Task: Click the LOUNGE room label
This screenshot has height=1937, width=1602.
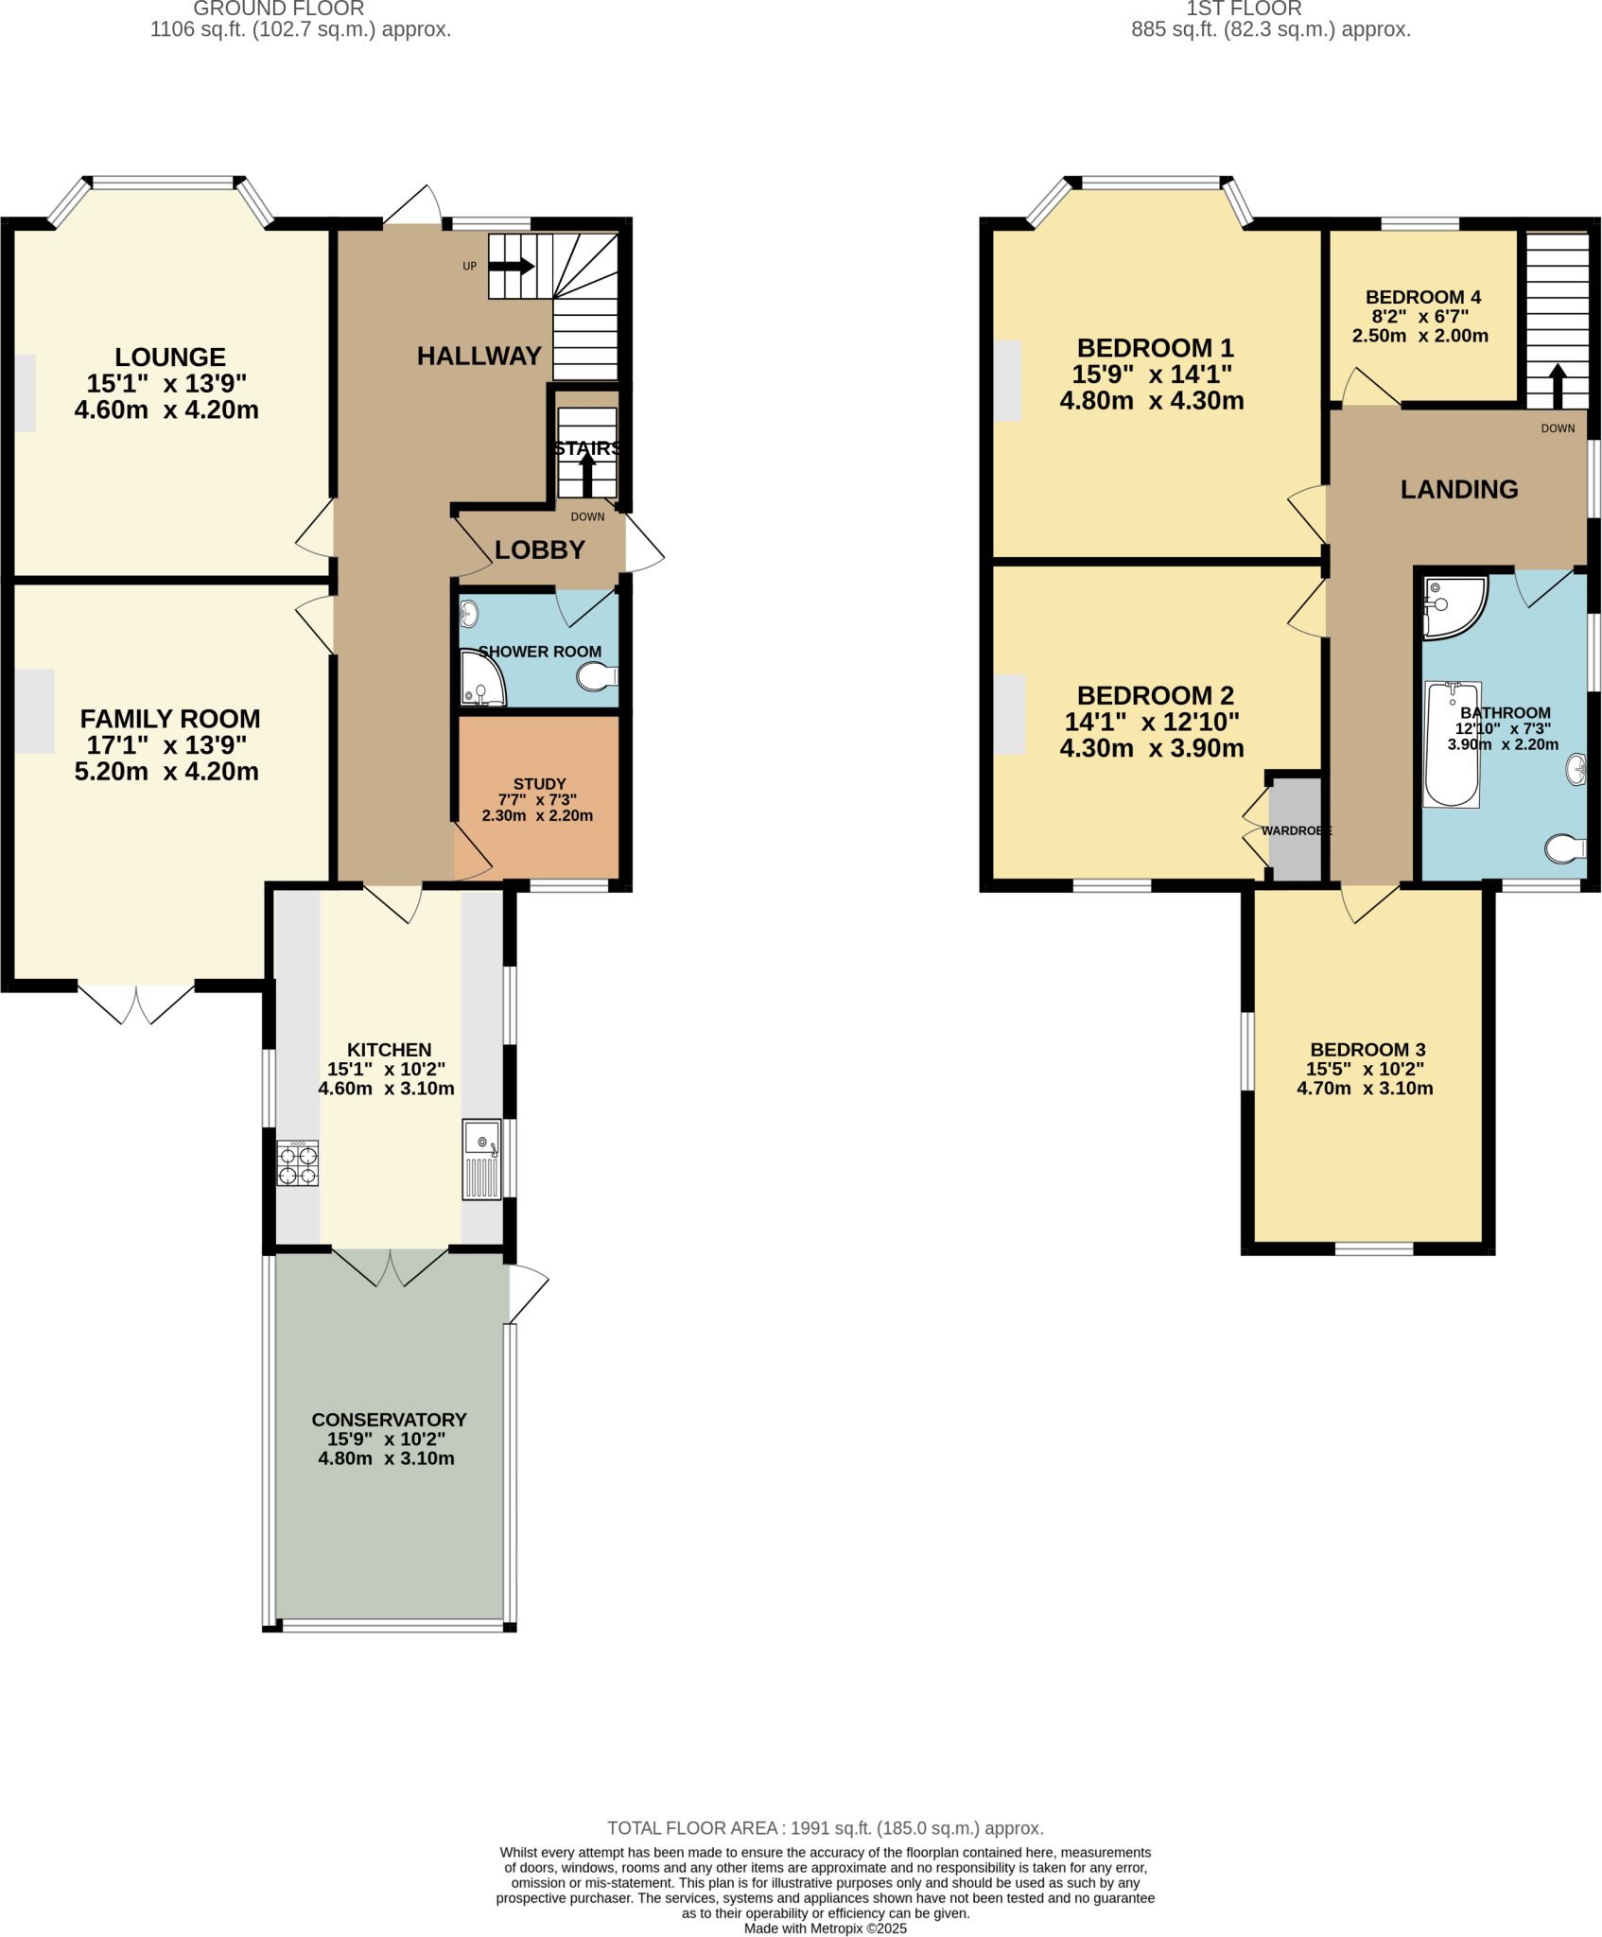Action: pyautogui.click(x=170, y=358)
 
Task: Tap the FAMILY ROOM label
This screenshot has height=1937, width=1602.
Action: pyautogui.click(x=170, y=719)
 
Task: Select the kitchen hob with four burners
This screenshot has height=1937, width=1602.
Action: pyautogui.click(x=297, y=1163)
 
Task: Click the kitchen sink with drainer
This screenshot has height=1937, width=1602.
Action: pyautogui.click(x=481, y=1160)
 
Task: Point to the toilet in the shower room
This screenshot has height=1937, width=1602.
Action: pyautogui.click(x=596, y=676)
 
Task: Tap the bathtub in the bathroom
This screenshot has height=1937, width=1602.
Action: pyautogui.click(x=1452, y=744)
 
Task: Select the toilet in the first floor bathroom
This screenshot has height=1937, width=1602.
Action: pyautogui.click(x=1564, y=848)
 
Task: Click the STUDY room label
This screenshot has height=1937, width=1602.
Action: pyautogui.click(x=539, y=784)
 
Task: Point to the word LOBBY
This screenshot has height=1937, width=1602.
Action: pyautogui.click(x=540, y=550)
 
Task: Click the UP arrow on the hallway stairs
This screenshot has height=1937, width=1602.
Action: pyautogui.click(x=512, y=266)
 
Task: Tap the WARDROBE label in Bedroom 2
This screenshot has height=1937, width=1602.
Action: pyautogui.click(x=1296, y=830)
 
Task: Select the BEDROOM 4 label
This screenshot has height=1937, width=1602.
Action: pyautogui.click(x=1422, y=297)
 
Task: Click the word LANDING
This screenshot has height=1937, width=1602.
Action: pyautogui.click(x=1458, y=489)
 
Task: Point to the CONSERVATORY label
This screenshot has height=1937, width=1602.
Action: pyautogui.click(x=389, y=1420)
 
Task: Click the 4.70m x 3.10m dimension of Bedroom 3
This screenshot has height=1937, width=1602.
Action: pyautogui.click(x=1364, y=1089)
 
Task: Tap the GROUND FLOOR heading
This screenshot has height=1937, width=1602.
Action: pyautogui.click(x=279, y=9)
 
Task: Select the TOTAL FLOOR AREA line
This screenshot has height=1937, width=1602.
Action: pyautogui.click(x=825, y=1828)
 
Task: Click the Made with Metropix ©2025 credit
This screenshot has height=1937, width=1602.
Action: pyautogui.click(x=825, y=1928)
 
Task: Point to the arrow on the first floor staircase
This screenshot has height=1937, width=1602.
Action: pyautogui.click(x=1557, y=385)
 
